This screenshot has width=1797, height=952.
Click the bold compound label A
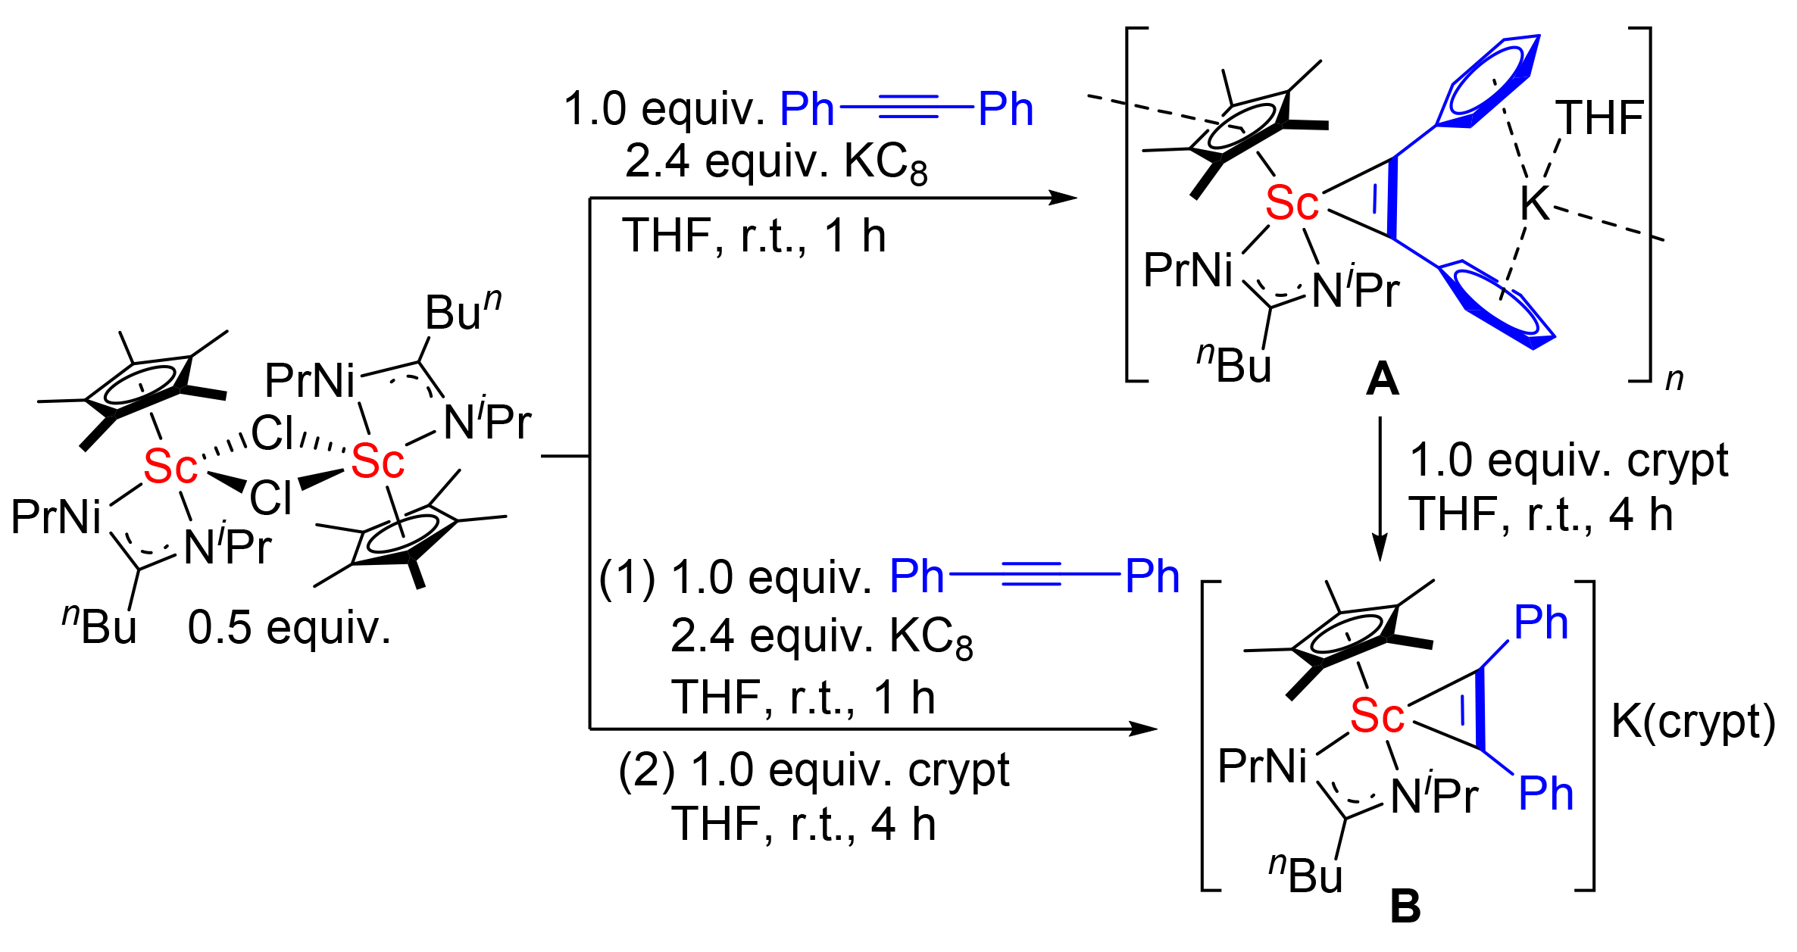1382,379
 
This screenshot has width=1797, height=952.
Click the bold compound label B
1405,906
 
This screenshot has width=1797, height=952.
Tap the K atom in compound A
1535,204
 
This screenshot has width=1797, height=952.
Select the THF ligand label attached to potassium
1599,119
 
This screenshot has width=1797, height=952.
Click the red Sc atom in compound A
1292,204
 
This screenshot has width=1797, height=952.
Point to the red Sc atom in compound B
1377,716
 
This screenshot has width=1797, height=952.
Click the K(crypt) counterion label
1693,721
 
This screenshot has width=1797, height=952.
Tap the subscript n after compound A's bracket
1674,378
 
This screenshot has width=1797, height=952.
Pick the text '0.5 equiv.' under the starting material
289,628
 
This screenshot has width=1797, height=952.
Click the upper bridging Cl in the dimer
272,433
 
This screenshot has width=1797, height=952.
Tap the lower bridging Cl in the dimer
270,498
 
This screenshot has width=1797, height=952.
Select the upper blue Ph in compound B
1540,623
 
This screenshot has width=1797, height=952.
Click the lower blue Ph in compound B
1545,794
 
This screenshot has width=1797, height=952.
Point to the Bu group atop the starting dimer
462,311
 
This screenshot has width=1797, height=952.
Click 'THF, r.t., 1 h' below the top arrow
754,236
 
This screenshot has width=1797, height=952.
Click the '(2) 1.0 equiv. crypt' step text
814,771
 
